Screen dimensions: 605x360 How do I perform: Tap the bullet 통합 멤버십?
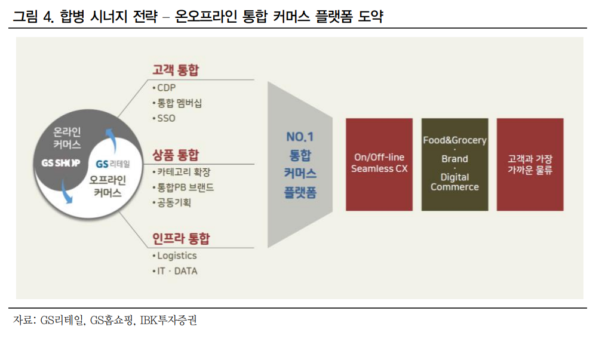[x=179, y=103]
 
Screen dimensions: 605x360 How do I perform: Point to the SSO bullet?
[x=165, y=118]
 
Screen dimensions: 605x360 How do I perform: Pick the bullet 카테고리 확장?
[x=183, y=172]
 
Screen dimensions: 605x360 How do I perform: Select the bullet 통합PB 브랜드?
[x=185, y=187]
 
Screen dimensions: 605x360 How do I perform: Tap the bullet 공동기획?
[x=174, y=203]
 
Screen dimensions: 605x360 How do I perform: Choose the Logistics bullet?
[x=176, y=256]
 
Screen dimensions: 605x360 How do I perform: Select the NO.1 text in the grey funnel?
[x=300, y=137]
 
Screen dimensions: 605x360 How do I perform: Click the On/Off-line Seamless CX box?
[x=379, y=164]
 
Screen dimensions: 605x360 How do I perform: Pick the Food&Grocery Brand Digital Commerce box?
[x=454, y=164]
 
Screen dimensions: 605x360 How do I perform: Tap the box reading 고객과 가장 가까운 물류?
[x=530, y=164]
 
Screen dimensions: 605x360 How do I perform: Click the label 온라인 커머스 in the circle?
[x=67, y=138]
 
